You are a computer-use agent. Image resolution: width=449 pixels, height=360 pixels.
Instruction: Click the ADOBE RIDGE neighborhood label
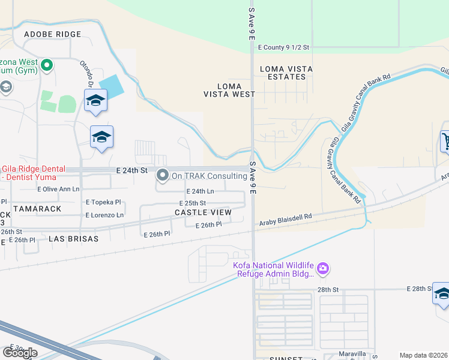point(52,34)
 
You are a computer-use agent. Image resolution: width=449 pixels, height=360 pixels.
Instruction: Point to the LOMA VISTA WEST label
point(229,90)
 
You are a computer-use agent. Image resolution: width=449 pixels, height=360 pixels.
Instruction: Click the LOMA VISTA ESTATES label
point(286,73)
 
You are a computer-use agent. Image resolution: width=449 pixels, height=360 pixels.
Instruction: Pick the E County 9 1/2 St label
point(283,47)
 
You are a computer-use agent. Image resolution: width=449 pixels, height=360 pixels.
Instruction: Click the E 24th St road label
point(131,171)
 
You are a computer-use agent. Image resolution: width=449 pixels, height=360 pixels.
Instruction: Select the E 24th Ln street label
point(200,191)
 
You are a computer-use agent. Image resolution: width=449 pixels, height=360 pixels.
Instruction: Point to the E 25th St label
point(191,203)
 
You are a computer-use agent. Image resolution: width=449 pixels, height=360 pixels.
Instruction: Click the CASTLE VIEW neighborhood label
point(203,212)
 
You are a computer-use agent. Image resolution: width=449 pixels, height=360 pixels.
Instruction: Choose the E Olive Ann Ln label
point(58,189)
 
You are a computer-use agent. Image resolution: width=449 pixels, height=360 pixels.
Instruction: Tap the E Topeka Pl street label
point(104,202)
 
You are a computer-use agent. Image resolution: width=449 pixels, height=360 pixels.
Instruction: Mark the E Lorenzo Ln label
point(104,215)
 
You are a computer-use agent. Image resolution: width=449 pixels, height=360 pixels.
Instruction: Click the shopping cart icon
point(445,142)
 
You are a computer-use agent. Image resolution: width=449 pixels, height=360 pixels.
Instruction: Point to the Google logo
point(20,353)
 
